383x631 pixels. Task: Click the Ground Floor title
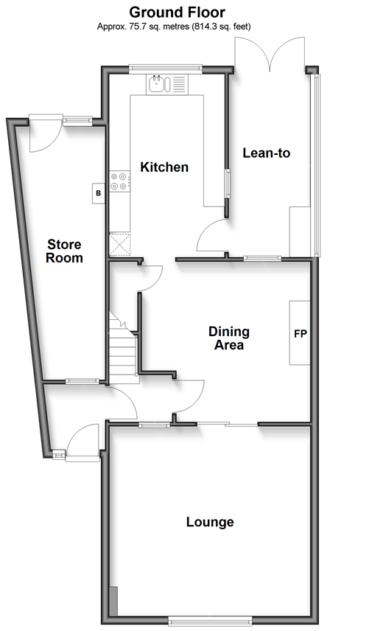click(x=177, y=12)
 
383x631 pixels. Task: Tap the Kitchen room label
click(x=164, y=167)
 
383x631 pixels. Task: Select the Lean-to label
click(x=266, y=153)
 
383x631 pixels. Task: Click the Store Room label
click(x=64, y=251)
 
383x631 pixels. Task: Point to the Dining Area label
click(x=229, y=338)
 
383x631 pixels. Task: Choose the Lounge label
click(x=210, y=522)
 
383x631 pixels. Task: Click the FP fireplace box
click(x=300, y=332)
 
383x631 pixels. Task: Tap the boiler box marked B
click(x=99, y=193)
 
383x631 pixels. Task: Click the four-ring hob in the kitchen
click(x=120, y=181)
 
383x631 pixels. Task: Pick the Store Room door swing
click(x=46, y=135)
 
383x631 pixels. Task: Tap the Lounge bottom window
click(x=210, y=621)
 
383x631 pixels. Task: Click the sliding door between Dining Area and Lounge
click(x=227, y=424)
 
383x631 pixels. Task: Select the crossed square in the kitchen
click(x=120, y=244)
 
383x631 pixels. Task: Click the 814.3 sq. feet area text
click(x=222, y=27)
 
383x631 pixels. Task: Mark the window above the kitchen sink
click(x=166, y=69)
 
